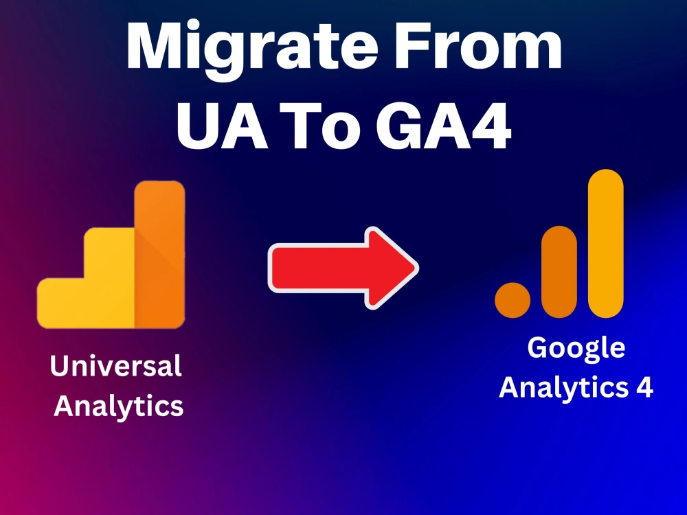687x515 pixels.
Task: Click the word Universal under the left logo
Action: click(x=116, y=366)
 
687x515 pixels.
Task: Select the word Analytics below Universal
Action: click(x=118, y=407)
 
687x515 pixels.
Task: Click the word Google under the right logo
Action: click(x=576, y=348)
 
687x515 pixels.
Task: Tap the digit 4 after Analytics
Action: click(x=642, y=388)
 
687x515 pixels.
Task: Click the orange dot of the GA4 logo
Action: click(x=513, y=299)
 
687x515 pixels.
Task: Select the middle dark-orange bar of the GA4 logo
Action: click(x=559, y=271)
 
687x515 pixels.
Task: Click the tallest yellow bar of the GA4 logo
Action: click(x=606, y=244)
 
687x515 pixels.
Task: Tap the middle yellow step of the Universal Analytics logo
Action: click(x=109, y=275)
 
